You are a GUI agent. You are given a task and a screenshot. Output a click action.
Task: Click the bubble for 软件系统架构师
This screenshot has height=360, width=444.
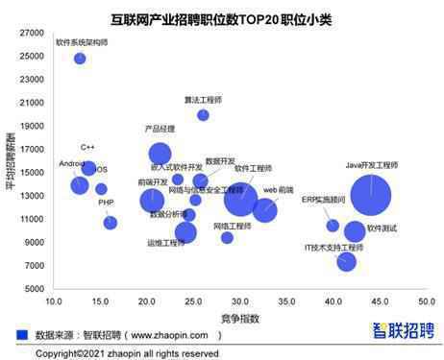coord(80,59)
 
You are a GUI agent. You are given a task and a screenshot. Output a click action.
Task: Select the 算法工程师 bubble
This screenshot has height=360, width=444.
coord(203,115)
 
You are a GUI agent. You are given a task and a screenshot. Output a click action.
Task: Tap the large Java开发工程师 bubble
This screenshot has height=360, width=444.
coord(371,197)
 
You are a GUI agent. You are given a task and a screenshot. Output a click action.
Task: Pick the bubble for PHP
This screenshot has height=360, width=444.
coord(111,223)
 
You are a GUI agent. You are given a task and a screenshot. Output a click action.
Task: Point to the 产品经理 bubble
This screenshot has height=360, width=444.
coord(160,153)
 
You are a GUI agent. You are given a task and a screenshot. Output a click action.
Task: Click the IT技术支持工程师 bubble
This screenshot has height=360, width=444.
coord(347,261)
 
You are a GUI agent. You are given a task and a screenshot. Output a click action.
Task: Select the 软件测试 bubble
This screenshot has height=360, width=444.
coord(355,231)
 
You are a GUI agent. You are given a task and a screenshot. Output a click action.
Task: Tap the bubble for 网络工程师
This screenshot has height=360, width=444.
coord(227,238)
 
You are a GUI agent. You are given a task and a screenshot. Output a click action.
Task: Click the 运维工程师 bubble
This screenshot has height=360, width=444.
coord(185,231)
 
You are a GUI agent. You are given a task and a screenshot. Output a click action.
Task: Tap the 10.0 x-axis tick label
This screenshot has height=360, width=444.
coord(55,301)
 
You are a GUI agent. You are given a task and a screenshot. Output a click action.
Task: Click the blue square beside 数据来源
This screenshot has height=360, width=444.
coord(22,335)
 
